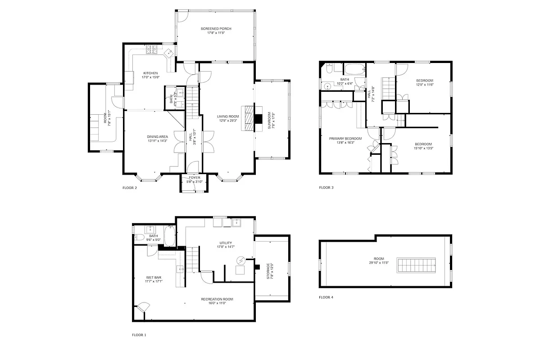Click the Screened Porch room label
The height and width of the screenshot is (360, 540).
(216, 28)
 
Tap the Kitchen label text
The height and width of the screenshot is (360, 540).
(150, 73)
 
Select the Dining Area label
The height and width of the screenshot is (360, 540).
(157, 136)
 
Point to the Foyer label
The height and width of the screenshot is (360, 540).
(195, 177)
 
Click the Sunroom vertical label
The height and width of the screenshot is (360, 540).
(269, 121)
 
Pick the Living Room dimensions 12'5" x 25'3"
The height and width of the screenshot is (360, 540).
(227, 121)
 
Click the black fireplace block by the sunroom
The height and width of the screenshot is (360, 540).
(258, 119)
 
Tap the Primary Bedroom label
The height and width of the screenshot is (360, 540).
(345, 138)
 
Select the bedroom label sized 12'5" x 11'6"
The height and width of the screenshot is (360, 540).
(424, 81)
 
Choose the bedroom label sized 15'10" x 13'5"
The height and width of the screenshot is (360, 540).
(423, 144)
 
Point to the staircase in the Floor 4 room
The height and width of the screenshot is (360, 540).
(417, 265)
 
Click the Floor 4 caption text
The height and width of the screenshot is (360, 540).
(327, 297)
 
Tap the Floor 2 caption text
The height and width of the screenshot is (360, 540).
(130, 188)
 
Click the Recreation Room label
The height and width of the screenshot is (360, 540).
(217, 299)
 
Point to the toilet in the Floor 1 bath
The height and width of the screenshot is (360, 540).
(140, 238)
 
